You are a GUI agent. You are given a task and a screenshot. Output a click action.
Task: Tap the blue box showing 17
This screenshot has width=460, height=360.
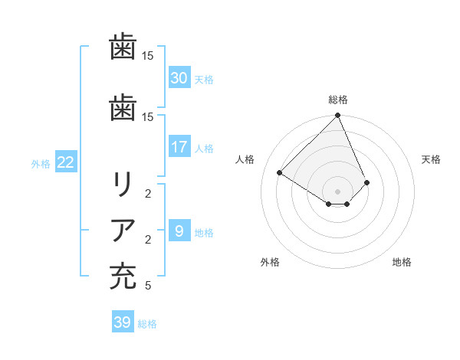pos(179,146)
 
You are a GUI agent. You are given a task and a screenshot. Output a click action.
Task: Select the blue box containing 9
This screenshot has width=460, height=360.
pos(179,230)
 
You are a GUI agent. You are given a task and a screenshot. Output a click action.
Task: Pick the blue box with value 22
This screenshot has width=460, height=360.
pos(65,162)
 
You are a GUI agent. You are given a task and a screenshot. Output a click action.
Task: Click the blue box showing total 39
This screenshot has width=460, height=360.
pos(122,322)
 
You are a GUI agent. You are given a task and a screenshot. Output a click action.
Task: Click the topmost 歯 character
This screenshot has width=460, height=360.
pos(123,46)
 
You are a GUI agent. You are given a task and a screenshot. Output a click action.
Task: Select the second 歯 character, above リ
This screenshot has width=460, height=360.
pos(123,106)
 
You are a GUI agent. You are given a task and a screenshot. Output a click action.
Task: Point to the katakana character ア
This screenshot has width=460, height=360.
pos(123,231)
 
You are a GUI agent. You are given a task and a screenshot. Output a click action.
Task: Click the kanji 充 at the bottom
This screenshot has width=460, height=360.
pos(123,277)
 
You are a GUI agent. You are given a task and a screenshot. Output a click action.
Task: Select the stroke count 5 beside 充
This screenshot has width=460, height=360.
pos(147,286)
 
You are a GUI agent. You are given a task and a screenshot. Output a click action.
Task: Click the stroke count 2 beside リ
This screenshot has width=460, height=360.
pos(147,194)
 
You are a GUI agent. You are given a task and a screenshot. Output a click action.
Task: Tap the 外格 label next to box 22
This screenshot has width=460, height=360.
pos(41,163)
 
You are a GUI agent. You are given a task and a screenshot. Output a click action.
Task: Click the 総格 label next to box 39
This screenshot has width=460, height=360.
pos(147,324)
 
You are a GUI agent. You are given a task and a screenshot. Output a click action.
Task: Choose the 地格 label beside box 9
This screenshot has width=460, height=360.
pos(205,232)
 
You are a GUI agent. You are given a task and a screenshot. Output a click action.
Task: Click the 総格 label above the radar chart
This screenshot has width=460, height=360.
pos(337,100)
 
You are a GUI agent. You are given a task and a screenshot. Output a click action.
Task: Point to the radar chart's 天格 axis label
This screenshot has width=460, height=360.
pos(431,159)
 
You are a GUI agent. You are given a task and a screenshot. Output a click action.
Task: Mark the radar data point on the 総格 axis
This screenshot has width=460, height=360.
pos(337,116)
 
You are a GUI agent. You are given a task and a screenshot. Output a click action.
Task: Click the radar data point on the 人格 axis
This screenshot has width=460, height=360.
pos(279,172)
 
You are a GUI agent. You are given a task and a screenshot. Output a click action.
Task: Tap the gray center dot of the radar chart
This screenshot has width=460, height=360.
pos(337,191)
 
